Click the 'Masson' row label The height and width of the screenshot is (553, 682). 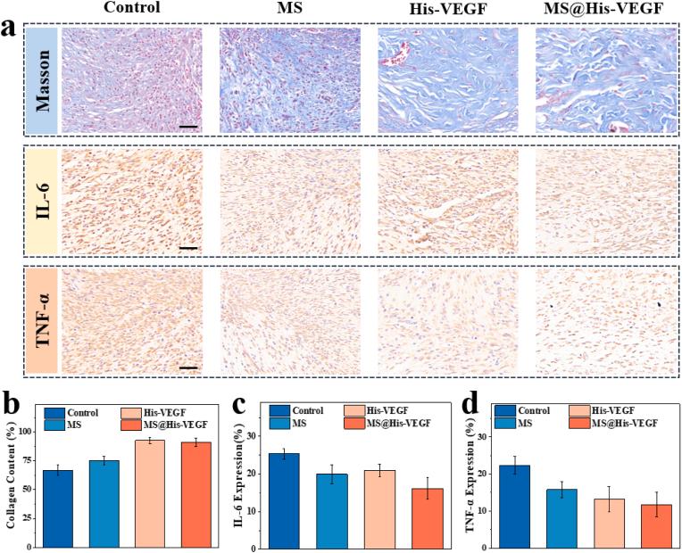coord(42,79)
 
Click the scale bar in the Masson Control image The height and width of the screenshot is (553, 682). coord(187,126)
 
